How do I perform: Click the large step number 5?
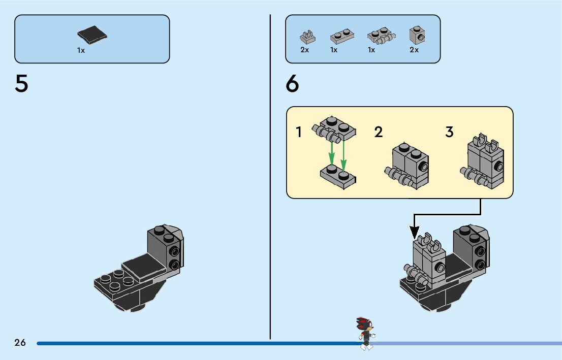point(21,84)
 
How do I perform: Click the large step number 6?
point(293,84)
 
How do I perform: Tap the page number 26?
point(20,343)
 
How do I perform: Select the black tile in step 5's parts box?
point(92,35)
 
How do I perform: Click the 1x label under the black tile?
point(81,50)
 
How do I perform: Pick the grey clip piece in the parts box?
point(306,37)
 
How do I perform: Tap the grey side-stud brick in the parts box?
point(416,35)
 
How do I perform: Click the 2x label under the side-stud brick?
point(414,50)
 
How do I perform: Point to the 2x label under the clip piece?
point(305,50)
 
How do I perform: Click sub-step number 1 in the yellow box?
point(299,133)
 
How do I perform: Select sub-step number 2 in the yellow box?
point(378,133)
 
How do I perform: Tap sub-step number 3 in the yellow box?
point(449,133)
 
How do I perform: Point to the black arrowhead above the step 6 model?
point(415,232)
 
